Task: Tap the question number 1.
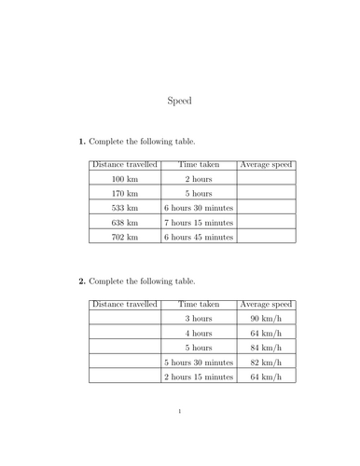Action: (x=81, y=142)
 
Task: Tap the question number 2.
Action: (x=81, y=281)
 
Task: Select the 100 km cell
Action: (x=124, y=178)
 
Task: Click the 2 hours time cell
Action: (x=198, y=178)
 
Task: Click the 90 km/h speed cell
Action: (x=266, y=318)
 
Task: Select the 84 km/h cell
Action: (x=266, y=348)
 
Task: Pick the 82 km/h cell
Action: (x=266, y=363)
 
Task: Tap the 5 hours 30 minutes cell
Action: (x=198, y=363)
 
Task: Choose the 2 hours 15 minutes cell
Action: (x=198, y=377)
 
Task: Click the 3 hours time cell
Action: (x=198, y=318)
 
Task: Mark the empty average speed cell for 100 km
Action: (x=266, y=178)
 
